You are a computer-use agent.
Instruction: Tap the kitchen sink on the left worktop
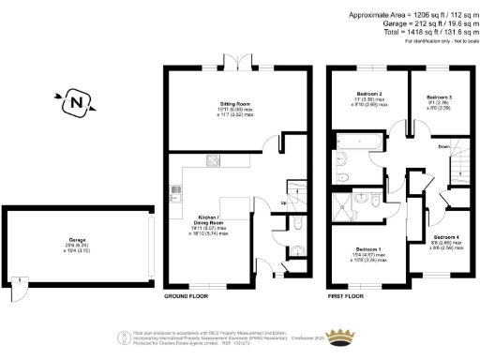(174, 194)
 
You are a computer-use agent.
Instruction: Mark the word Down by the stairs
(444, 147)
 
